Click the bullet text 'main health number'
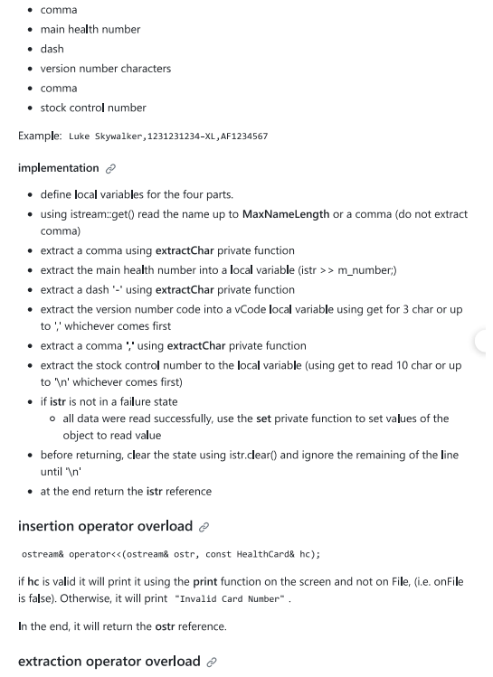(90, 29)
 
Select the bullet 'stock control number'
(93, 108)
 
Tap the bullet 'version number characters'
(105, 69)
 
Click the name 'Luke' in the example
(80, 136)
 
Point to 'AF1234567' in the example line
(244, 136)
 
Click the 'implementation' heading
(59, 168)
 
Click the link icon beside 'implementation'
(110, 169)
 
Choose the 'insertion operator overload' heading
(105, 526)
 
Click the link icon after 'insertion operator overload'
(204, 527)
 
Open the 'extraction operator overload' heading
(109, 661)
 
